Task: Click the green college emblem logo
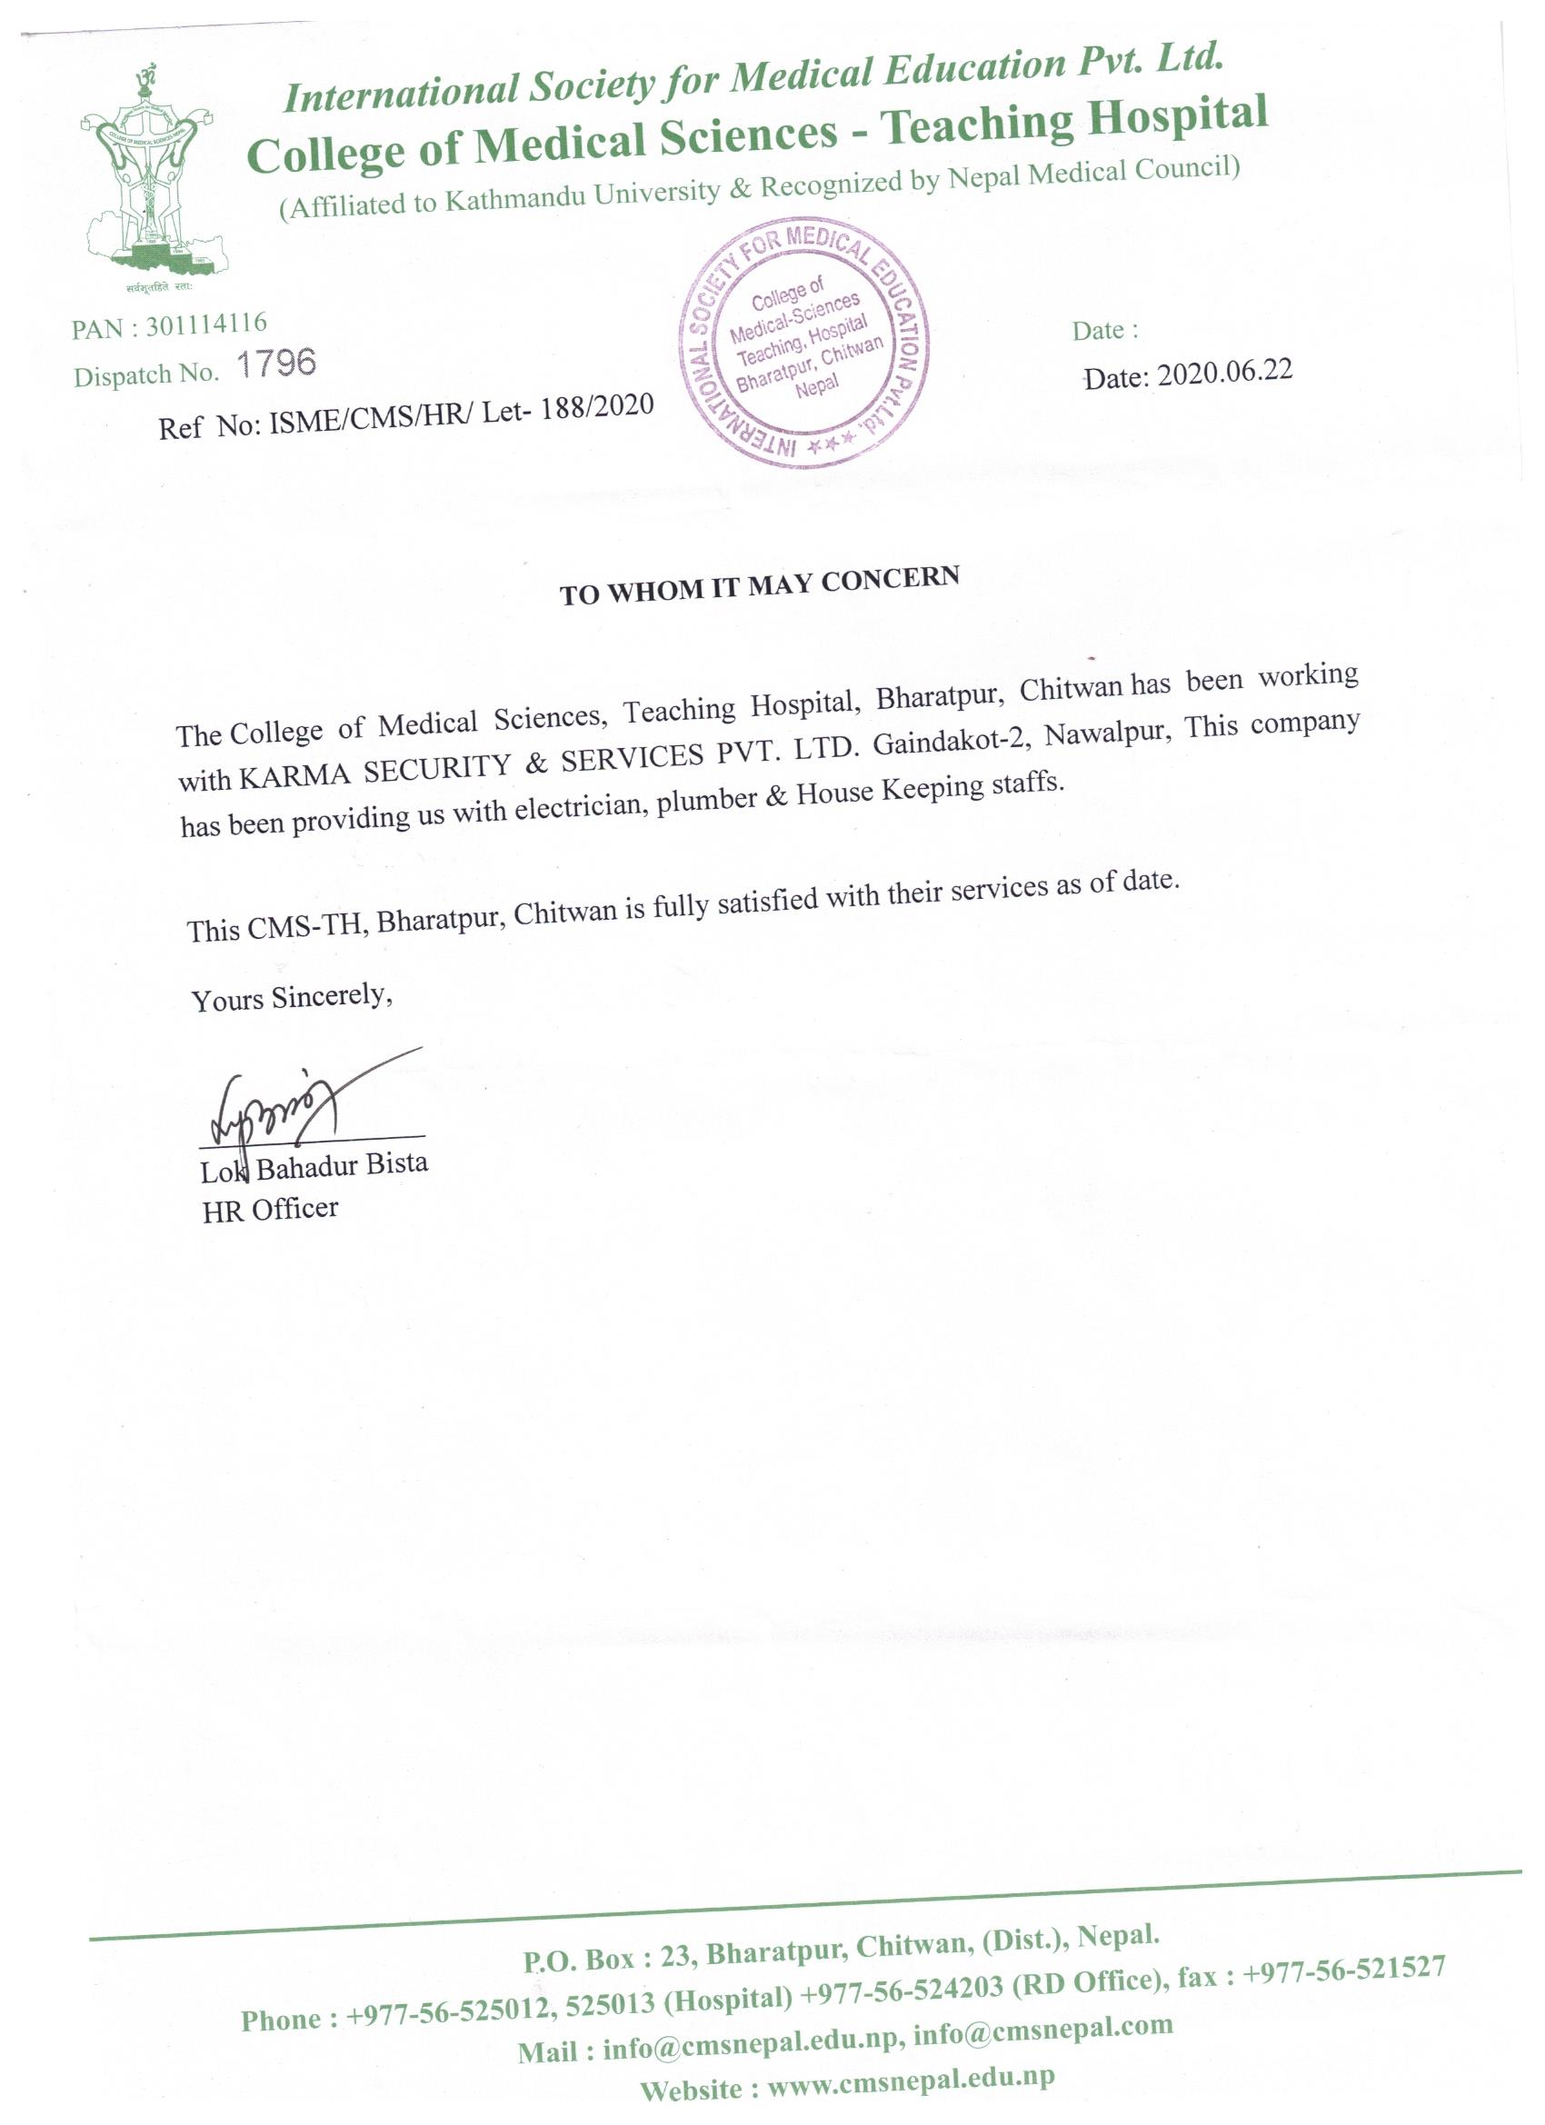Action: point(147,177)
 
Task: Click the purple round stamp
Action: point(804,345)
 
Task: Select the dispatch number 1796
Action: point(276,363)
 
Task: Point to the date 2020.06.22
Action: point(1224,372)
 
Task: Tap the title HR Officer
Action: point(270,1210)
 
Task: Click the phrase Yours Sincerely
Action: point(292,998)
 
